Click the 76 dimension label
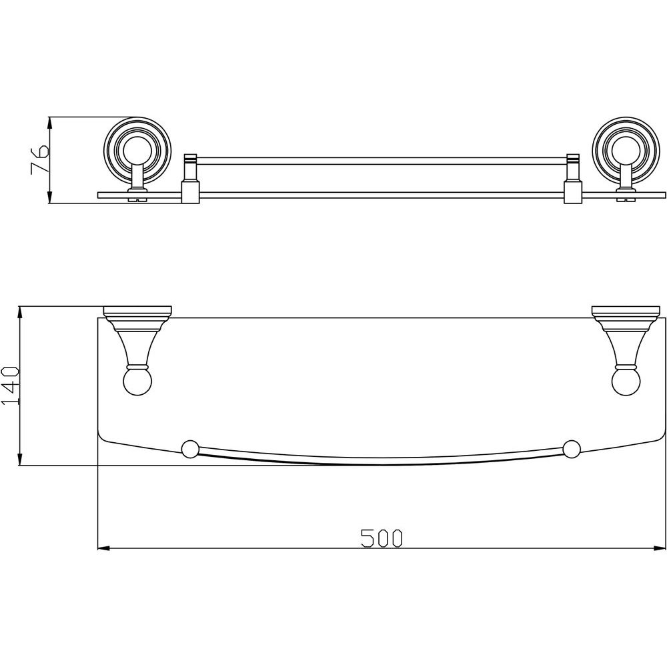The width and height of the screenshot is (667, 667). pyautogui.click(x=40, y=160)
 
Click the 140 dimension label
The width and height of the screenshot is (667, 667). pyautogui.click(x=11, y=385)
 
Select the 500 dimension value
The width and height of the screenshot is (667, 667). pyautogui.click(x=381, y=538)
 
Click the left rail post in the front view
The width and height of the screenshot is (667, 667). pyautogui.click(x=190, y=178)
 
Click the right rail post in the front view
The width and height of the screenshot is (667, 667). pyautogui.click(x=572, y=178)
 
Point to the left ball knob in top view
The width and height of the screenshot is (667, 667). pyautogui.click(x=137, y=383)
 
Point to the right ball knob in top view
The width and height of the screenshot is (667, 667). pyautogui.click(x=626, y=383)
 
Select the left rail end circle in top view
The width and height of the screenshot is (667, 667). pyautogui.click(x=190, y=449)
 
